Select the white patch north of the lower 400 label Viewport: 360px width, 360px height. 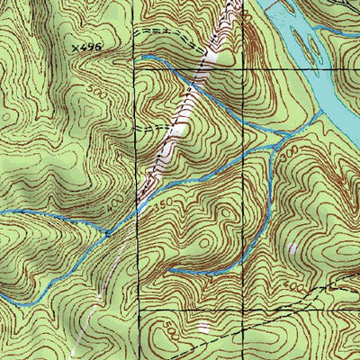[292, 247]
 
